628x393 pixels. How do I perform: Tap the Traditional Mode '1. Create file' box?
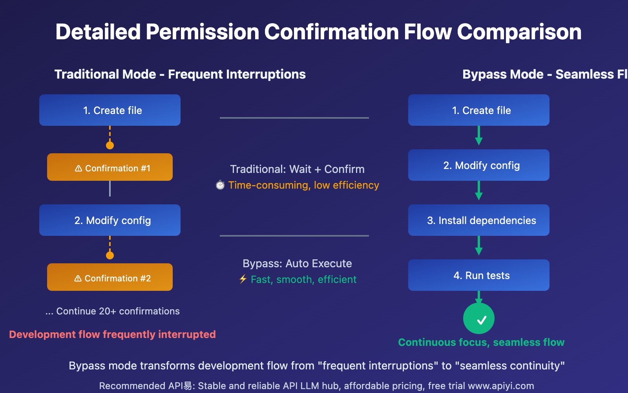point(110,110)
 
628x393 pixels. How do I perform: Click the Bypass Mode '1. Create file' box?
point(479,110)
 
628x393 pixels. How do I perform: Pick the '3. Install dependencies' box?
point(479,220)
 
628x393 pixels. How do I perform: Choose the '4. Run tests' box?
point(479,275)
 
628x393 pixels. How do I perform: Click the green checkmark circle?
point(479,318)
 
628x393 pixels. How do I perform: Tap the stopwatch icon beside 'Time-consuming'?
point(220,185)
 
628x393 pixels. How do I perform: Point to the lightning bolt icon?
point(243,279)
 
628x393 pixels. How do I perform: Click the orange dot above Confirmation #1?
point(110,145)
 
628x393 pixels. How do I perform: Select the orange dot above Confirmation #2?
point(110,255)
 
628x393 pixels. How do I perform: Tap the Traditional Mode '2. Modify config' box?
point(110,220)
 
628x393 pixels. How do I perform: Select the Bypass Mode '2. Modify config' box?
point(479,165)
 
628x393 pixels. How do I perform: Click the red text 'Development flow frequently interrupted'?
point(112,334)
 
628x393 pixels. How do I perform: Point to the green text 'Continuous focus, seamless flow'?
point(481,342)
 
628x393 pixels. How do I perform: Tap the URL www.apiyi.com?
point(501,386)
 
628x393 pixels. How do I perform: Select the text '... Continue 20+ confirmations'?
point(113,311)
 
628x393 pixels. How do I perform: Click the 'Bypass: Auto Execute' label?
point(297,263)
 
